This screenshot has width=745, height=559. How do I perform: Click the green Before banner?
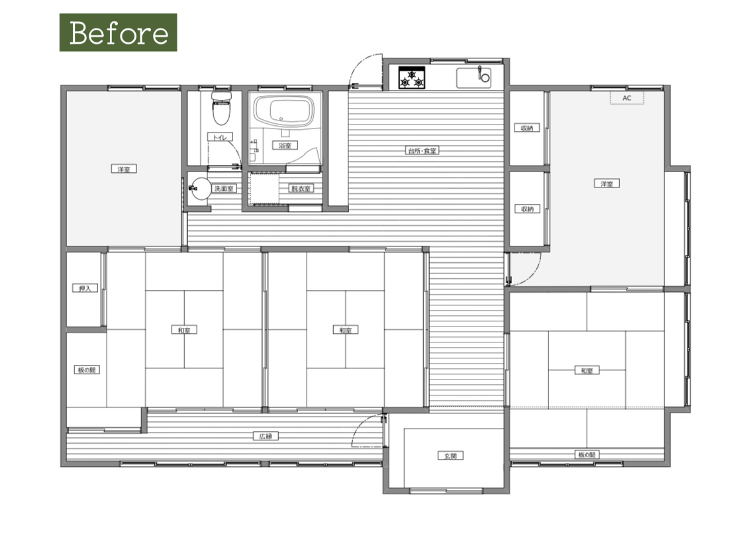[x=119, y=32]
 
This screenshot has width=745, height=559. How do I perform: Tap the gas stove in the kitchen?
[x=411, y=77]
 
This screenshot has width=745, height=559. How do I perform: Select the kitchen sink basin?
[x=473, y=78]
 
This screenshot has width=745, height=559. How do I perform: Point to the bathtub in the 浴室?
[x=284, y=111]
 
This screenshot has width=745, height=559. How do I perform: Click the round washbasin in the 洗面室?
[x=201, y=189]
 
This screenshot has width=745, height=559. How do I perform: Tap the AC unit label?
[x=627, y=98]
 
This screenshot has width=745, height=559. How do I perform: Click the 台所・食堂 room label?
[x=422, y=151]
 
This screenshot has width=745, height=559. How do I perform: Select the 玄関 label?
[x=450, y=456]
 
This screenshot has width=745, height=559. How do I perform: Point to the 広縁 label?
[x=266, y=436]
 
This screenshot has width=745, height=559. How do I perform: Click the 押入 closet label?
[x=85, y=288]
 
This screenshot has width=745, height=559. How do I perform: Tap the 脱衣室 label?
[x=301, y=188]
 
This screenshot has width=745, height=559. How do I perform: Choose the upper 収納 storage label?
[x=527, y=128]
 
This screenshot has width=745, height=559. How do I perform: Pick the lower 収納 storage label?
[x=527, y=209]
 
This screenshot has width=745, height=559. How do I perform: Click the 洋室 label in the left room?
[x=124, y=169]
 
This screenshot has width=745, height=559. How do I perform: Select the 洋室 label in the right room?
[x=607, y=183]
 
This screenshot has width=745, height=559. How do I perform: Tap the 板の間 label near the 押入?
[x=87, y=370]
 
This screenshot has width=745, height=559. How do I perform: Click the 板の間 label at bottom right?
[x=587, y=454]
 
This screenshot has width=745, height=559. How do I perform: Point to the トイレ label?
[x=220, y=137]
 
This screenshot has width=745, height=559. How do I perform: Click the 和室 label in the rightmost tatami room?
[x=587, y=370]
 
